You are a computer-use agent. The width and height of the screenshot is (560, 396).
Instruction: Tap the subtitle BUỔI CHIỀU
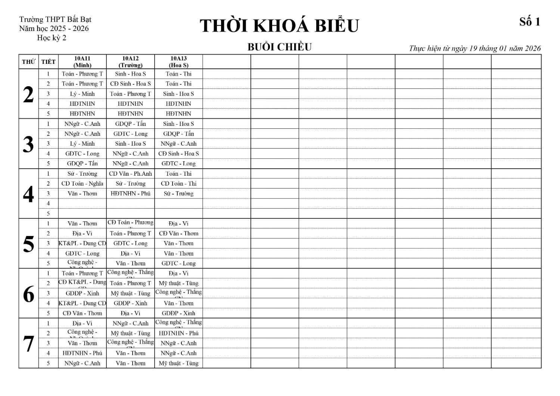coord(279,47)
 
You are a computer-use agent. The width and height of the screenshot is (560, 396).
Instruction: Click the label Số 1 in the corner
coord(529,22)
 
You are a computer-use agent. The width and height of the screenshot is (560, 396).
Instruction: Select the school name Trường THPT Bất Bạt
coord(55,19)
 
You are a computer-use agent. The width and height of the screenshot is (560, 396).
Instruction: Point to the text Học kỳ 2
coord(52,38)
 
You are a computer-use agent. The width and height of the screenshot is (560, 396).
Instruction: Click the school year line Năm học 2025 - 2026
coord(54,28)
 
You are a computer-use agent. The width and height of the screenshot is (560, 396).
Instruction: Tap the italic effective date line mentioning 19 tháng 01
coord(475,48)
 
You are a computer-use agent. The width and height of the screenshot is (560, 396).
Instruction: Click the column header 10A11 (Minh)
coord(82,62)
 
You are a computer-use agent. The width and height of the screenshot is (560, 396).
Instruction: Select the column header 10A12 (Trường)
coord(130,62)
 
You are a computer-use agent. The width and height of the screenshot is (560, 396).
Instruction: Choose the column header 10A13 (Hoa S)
coord(178,62)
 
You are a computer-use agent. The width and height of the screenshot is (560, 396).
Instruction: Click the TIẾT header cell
coord(48,62)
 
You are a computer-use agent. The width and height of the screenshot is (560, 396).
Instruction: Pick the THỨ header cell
coord(28,62)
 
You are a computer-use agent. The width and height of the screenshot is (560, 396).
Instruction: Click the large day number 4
coord(28,194)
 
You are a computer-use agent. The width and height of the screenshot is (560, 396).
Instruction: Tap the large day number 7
coord(28,344)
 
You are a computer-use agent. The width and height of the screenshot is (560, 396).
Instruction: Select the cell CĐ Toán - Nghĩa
coord(82,184)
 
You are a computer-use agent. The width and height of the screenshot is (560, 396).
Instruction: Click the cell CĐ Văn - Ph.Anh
coord(130,174)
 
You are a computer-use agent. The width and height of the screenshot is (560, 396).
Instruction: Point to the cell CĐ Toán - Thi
coord(178,184)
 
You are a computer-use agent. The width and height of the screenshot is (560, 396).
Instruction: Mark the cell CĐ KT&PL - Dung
coord(82,282)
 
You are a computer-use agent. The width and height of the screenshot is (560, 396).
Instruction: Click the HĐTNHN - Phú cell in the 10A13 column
coord(178,333)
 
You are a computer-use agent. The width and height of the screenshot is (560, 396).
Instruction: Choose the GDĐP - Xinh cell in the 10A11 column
coord(82,293)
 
